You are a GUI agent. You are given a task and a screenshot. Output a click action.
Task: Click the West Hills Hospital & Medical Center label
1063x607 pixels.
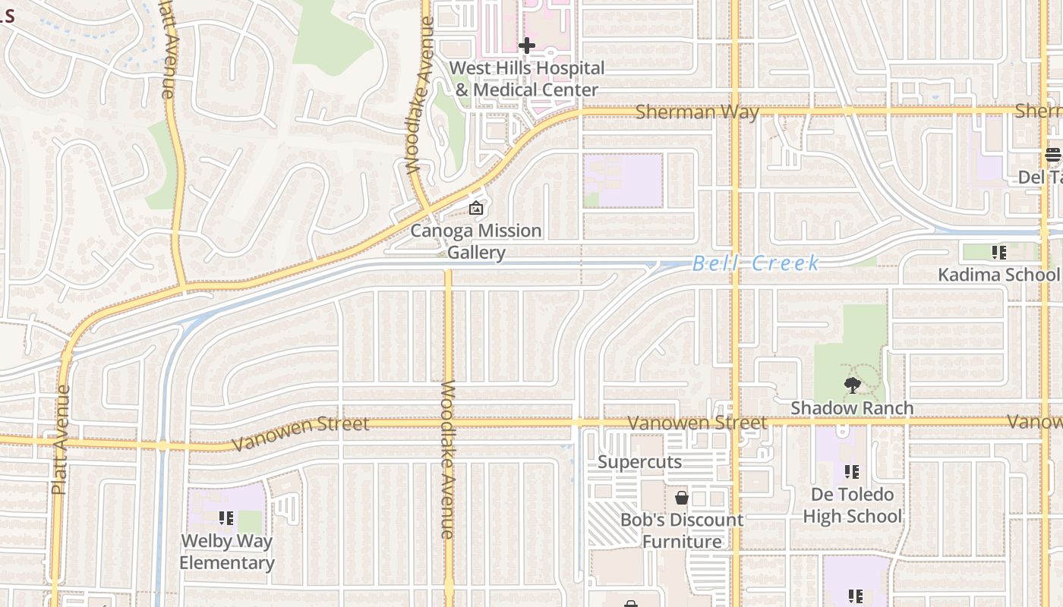[x=527, y=79]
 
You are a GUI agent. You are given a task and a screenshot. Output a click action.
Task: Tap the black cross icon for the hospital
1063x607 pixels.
[x=526, y=46]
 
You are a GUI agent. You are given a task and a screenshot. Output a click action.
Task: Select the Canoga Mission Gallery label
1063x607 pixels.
[x=476, y=241]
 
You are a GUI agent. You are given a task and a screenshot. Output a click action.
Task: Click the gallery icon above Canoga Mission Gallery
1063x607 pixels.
[x=476, y=208]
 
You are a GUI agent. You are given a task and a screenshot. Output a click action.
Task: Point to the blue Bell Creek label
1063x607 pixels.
[x=755, y=263]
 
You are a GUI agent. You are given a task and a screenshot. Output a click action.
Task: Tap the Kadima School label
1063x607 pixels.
[x=998, y=275]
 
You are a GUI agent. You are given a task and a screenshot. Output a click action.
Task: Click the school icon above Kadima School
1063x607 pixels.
[x=998, y=252]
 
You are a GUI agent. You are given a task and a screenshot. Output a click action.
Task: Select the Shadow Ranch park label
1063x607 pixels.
[x=852, y=408]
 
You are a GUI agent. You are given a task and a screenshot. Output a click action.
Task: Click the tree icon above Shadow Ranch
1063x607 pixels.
[x=853, y=385]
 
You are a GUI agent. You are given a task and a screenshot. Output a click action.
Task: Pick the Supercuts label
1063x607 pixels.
[x=639, y=462]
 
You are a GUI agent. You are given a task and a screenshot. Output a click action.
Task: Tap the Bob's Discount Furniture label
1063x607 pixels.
[x=682, y=530]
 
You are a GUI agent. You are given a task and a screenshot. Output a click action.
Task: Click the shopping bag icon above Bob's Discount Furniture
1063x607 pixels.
[x=682, y=498]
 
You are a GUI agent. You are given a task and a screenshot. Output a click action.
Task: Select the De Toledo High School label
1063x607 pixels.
[x=852, y=505]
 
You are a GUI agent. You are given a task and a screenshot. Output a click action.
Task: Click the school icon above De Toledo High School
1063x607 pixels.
[x=852, y=472]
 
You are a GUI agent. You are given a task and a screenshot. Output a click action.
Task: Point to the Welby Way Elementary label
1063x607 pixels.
[x=226, y=552]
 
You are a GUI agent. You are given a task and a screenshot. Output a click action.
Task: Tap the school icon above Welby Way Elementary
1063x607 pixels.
[x=226, y=518]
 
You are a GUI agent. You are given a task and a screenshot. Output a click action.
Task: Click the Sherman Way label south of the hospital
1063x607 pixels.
[x=697, y=112]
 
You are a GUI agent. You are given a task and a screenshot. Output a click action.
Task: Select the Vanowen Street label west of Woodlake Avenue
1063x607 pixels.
[x=301, y=433]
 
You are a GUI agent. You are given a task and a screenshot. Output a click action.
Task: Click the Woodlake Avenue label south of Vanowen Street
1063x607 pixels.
[x=448, y=460]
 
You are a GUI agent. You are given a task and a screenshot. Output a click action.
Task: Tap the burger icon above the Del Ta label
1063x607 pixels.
[x=1052, y=155]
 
